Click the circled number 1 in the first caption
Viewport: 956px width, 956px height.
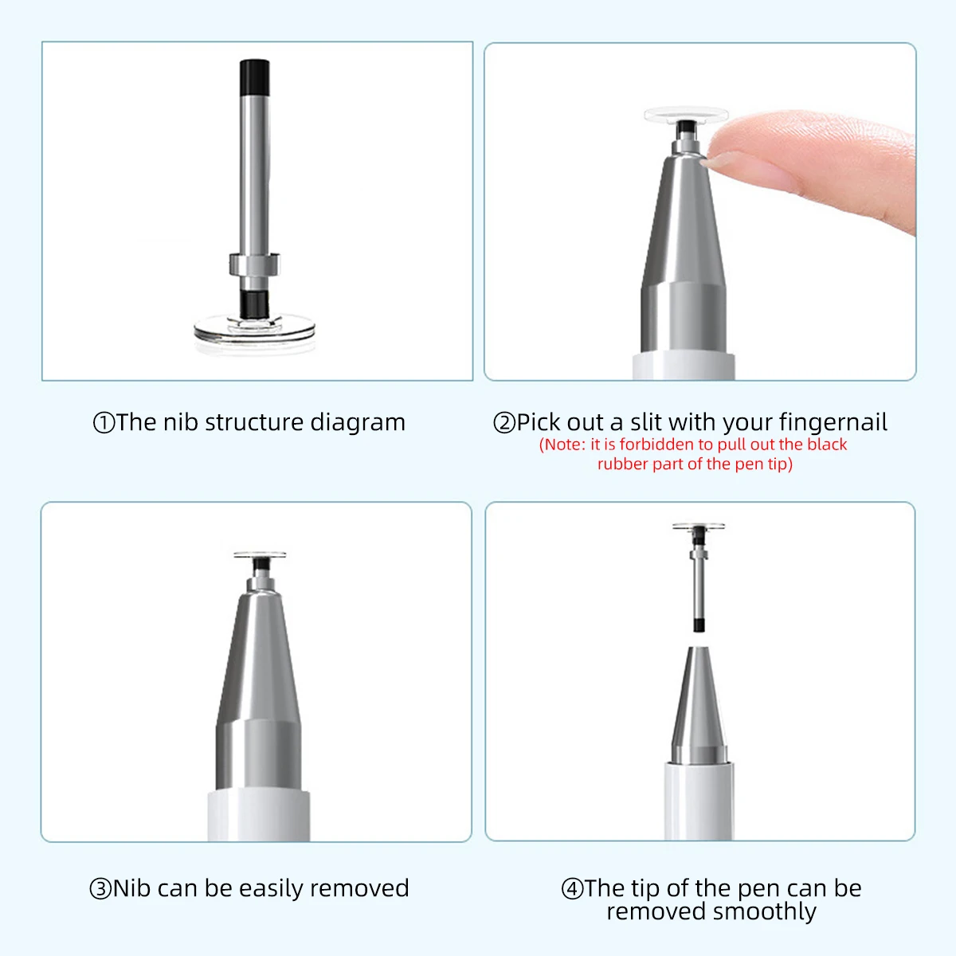point(104,423)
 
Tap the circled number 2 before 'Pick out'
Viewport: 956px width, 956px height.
point(504,423)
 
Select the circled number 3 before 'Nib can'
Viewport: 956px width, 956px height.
point(100,888)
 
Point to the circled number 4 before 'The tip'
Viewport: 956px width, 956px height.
point(572,888)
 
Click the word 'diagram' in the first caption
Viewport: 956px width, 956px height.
point(358,424)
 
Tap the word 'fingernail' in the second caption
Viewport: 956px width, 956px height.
point(833,423)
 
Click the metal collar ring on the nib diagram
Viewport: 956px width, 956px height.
point(254,264)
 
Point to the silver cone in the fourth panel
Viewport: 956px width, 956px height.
point(699,705)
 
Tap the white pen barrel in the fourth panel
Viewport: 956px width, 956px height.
point(699,801)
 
